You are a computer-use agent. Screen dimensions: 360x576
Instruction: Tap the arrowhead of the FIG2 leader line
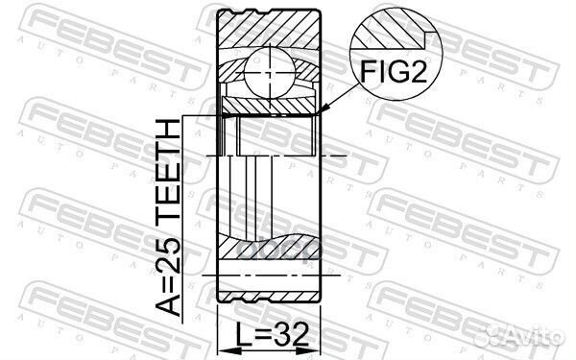click(x=324, y=113)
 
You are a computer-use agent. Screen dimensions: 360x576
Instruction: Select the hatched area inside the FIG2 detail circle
click(x=384, y=34)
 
